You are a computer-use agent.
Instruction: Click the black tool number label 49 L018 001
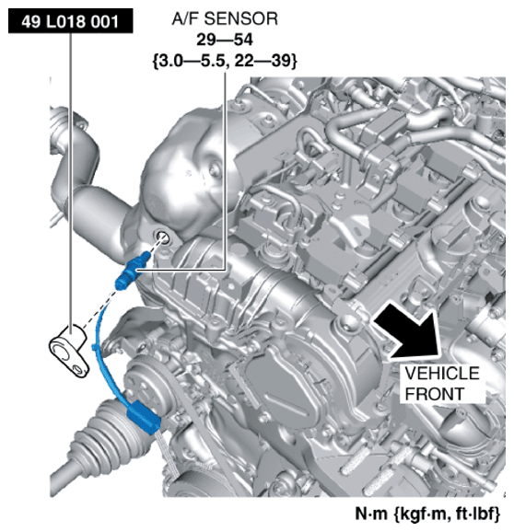[x=70, y=21]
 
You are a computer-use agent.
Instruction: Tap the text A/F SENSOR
[x=225, y=18]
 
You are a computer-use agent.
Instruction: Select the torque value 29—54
[x=225, y=40]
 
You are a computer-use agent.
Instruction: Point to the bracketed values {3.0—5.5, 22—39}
[x=225, y=62]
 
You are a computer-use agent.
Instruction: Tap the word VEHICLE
[x=441, y=373]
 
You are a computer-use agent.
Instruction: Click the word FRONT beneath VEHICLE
[x=434, y=394]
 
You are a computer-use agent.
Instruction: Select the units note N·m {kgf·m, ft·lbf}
[x=427, y=514]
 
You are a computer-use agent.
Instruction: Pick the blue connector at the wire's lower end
[x=144, y=417]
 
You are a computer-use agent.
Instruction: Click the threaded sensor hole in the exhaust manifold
[x=162, y=237]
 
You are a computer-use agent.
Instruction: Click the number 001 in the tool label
[x=105, y=21]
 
